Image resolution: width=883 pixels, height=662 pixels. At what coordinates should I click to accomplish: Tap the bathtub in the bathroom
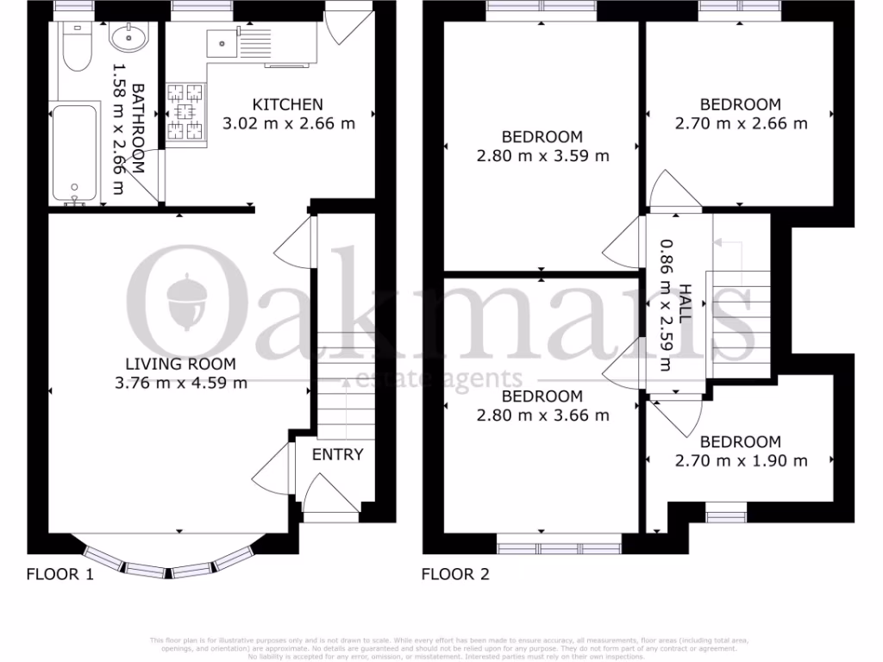click(x=76, y=153)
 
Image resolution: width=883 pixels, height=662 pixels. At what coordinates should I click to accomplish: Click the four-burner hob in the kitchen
click(x=185, y=111)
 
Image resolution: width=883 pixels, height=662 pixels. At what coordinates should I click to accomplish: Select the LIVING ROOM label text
click(x=180, y=364)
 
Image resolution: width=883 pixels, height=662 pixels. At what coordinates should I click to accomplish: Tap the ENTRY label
click(x=337, y=454)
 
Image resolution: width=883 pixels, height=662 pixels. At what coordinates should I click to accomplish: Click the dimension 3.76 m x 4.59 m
click(x=180, y=383)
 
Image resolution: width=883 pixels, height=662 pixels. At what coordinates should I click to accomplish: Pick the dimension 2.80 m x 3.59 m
click(x=542, y=156)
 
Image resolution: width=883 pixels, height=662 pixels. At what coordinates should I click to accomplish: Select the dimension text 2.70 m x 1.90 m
click(x=741, y=460)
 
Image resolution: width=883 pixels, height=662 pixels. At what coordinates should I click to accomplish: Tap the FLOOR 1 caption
click(x=59, y=574)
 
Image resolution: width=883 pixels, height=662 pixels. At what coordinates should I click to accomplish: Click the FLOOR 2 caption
click(x=455, y=574)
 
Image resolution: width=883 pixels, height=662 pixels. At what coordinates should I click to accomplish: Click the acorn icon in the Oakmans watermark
click(x=187, y=300)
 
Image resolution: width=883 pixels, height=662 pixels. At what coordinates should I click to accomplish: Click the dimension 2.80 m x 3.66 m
click(x=542, y=415)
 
